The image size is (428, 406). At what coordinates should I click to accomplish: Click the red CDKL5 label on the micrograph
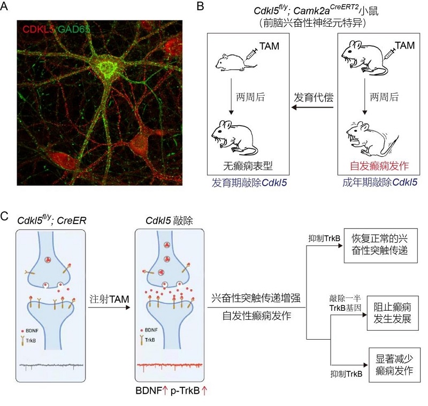click(38, 28)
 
